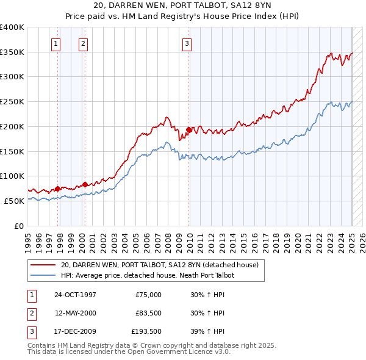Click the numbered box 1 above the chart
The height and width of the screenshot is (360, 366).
pos(56,43)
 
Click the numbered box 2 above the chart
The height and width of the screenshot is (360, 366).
pos(82,43)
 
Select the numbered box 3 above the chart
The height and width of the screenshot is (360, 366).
pos(186,43)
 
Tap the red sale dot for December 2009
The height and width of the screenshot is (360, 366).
pos(189,129)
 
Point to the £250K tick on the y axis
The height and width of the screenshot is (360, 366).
pos(13,101)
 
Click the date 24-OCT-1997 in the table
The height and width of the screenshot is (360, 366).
pos(76,295)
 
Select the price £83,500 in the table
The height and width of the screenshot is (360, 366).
pos(148,313)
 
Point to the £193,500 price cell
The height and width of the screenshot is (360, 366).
pos(146,332)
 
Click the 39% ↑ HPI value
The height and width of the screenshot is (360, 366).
pos(207,332)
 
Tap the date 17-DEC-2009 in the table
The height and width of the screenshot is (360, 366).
pos(76,332)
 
